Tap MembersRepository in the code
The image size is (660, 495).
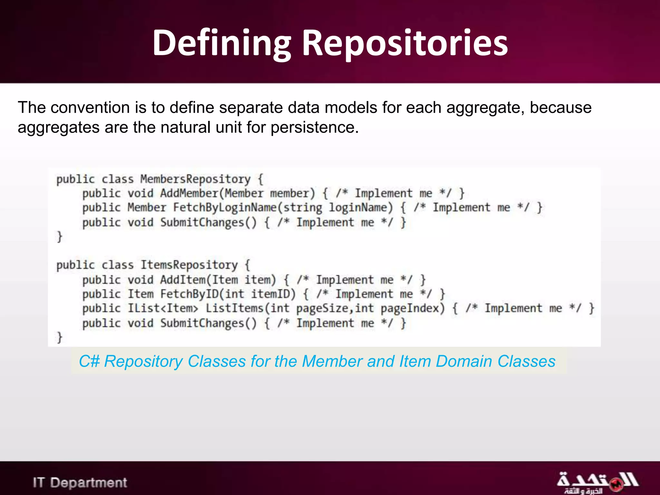[195, 179]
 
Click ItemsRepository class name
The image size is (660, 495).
[189, 265]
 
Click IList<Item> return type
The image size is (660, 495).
[163, 308]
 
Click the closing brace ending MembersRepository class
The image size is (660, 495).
[59, 237]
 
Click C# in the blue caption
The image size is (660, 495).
[89, 362]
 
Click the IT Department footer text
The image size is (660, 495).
[80, 483]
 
